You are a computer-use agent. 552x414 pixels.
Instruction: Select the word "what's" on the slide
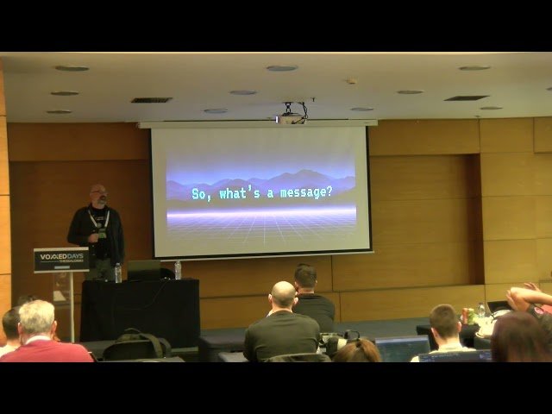point(237,192)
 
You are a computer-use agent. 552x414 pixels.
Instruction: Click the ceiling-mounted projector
point(291,115)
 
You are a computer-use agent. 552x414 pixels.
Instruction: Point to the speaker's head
point(98,194)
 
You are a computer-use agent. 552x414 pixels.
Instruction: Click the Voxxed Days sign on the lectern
point(60,260)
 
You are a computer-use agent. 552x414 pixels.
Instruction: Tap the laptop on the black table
point(143,270)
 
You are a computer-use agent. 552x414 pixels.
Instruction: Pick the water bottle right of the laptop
point(178,270)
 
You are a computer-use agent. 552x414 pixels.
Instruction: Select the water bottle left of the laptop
point(118,273)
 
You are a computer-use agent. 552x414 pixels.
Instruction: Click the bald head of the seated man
point(283,295)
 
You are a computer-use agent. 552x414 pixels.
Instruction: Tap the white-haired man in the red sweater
point(39,332)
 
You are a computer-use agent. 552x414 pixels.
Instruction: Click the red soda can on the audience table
point(467,316)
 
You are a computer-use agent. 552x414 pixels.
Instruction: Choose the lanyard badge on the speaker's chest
point(103,231)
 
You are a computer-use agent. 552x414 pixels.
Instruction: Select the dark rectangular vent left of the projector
point(151,100)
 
